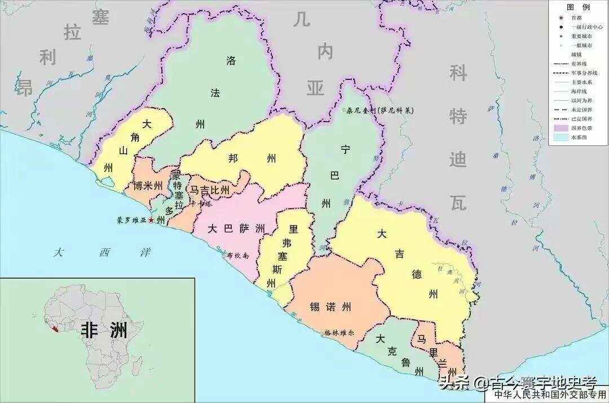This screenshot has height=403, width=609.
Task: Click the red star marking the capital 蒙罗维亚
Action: point(151,220)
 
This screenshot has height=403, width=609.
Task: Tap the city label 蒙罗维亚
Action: point(131,220)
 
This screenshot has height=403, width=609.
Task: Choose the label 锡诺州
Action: point(330,307)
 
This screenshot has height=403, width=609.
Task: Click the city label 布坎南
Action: point(237,255)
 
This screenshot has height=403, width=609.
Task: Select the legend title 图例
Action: point(578,7)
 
